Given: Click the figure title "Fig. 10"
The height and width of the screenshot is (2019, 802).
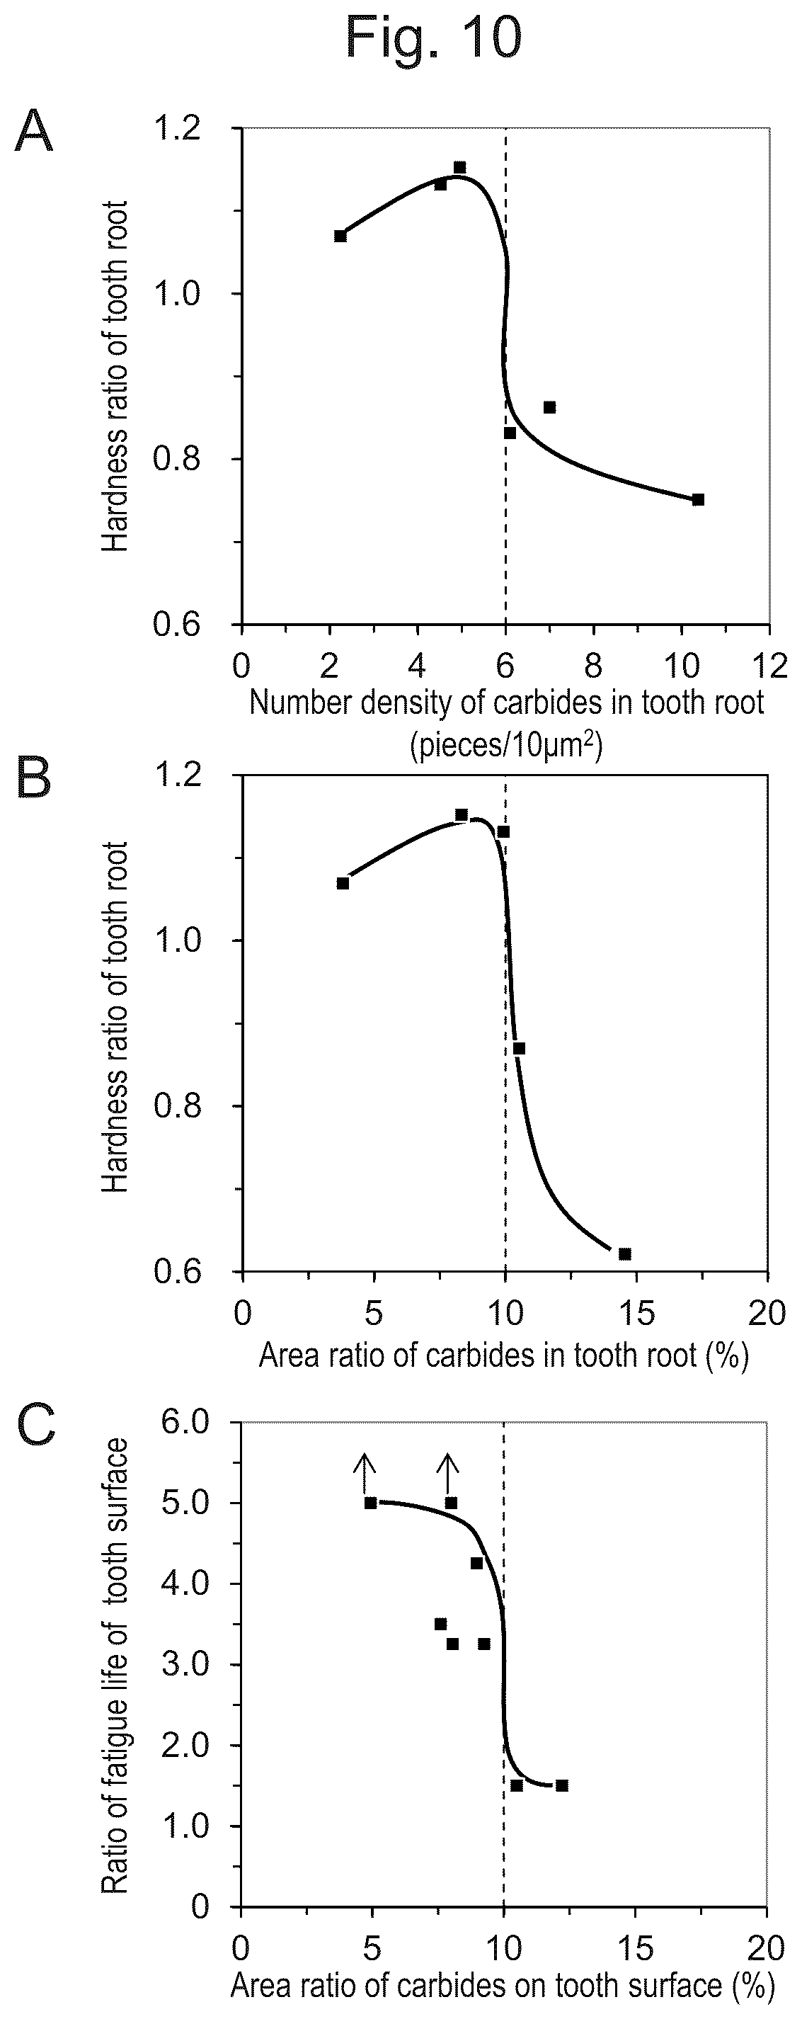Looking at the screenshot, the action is click(433, 37).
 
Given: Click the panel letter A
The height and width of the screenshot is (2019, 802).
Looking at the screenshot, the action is click(35, 132).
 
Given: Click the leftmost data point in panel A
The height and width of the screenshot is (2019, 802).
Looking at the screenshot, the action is click(340, 236).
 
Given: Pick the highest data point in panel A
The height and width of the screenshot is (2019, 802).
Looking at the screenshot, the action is click(459, 167).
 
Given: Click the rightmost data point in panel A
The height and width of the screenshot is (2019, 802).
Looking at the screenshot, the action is click(699, 499).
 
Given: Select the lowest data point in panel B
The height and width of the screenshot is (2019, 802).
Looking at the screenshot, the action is click(624, 1253).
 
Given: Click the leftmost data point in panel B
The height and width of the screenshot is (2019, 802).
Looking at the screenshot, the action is click(343, 883).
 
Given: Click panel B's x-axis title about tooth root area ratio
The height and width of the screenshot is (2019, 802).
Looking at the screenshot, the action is click(503, 1353).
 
